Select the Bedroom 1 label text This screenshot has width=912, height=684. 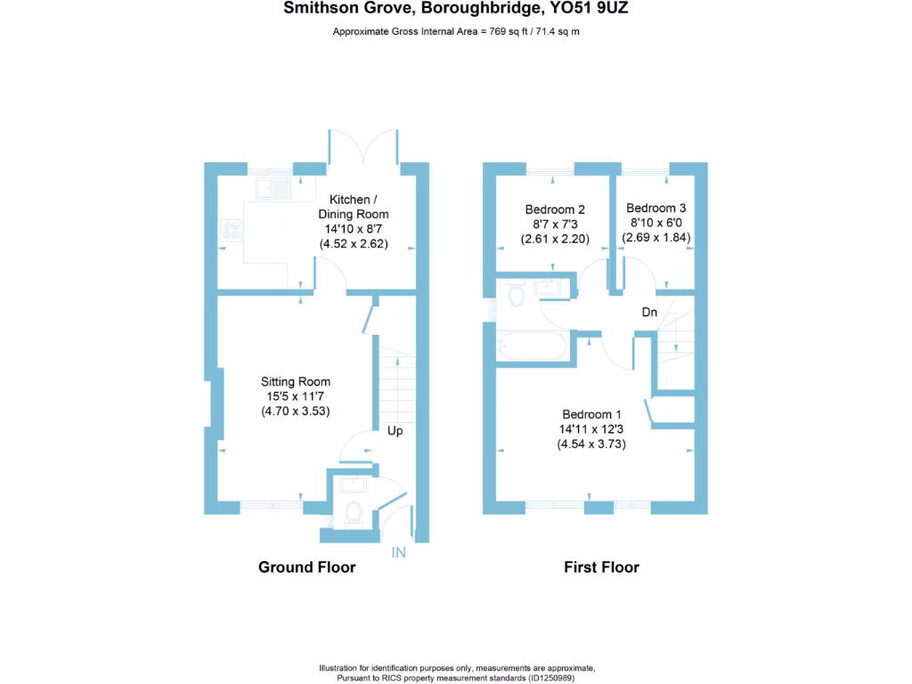(x=591, y=414)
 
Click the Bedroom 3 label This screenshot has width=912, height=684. (x=655, y=207)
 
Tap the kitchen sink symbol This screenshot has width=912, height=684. (x=273, y=188)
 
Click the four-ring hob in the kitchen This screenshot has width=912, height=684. (x=232, y=232)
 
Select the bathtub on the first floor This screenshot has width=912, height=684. (x=533, y=346)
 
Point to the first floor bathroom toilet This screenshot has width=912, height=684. (x=514, y=295)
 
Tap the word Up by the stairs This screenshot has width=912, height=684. (x=395, y=431)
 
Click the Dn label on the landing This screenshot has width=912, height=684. (x=650, y=313)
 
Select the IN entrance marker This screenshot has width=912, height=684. (x=398, y=553)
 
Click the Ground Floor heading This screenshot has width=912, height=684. (x=306, y=567)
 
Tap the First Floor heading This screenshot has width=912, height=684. (x=601, y=567)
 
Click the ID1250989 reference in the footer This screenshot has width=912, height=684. (x=558, y=678)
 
